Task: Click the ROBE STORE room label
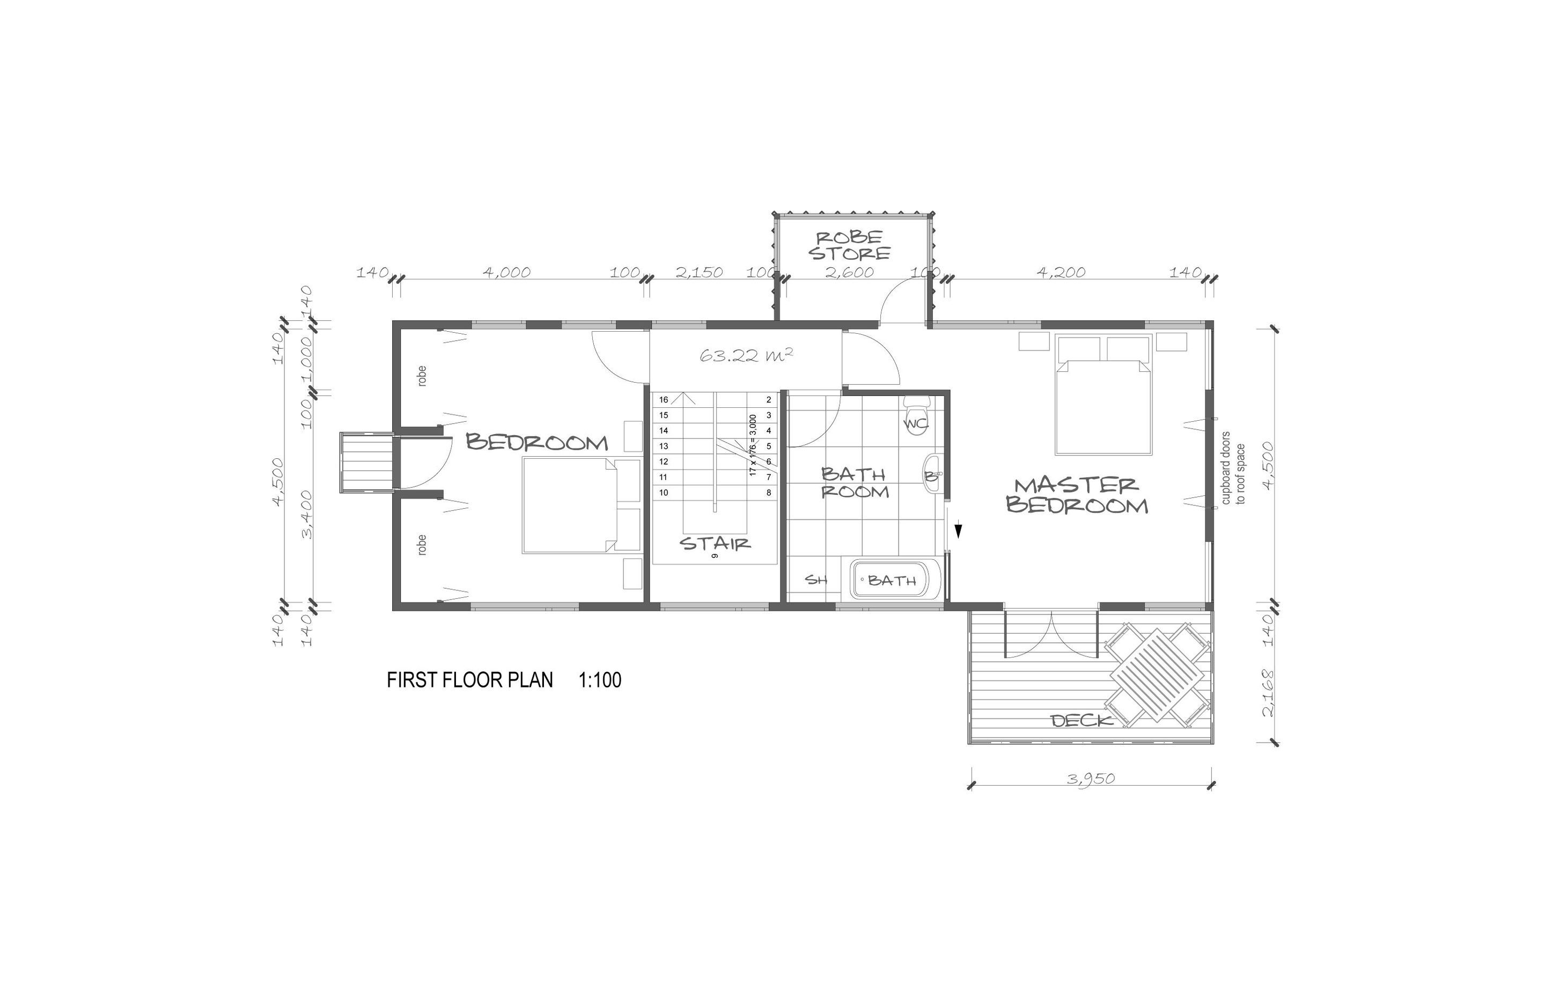(x=849, y=246)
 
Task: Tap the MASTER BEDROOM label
(x=1077, y=495)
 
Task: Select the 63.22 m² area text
(x=746, y=355)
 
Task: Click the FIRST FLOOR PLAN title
(x=470, y=680)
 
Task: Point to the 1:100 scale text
(x=600, y=680)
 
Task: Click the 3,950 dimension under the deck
(x=1091, y=779)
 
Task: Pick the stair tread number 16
(x=663, y=400)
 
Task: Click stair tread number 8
(x=769, y=493)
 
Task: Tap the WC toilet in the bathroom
(x=917, y=416)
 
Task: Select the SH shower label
(x=816, y=580)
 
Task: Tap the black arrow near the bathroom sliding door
(x=958, y=530)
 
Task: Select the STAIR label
(x=715, y=543)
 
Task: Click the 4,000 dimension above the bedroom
(x=507, y=272)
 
